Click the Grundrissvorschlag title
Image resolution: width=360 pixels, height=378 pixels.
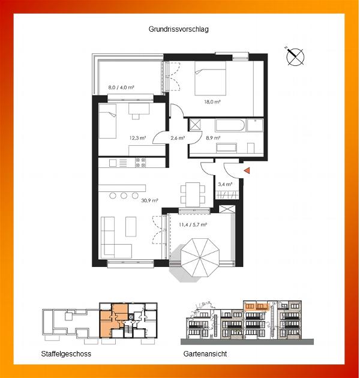pyautogui.click(x=178, y=29)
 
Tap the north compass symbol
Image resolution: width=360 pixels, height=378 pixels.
pyautogui.click(x=295, y=56)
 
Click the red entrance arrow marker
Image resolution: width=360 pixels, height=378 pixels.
pyautogui.click(x=247, y=171)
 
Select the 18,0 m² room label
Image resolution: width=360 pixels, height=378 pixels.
pyautogui.click(x=212, y=102)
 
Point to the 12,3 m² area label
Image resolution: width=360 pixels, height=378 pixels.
pyautogui.click(x=137, y=138)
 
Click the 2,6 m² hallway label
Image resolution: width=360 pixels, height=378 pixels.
pyautogui.click(x=178, y=138)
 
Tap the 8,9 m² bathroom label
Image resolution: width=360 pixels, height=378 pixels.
pyautogui.click(x=213, y=138)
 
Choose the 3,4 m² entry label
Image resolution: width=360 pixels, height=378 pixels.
pyautogui.click(x=225, y=184)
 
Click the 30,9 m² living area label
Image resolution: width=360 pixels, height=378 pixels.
pyautogui.click(x=150, y=200)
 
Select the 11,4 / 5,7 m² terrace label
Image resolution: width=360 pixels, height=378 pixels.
pyautogui.click(x=193, y=224)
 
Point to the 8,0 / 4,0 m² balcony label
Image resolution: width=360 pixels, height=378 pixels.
pyautogui.click(x=121, y=87)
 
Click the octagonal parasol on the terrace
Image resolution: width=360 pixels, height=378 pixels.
pyautogui.click(x=200, y=258)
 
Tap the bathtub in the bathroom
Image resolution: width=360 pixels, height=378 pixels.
pyautogui.click(x=230, y=125)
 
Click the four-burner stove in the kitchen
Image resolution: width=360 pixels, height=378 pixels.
pyautogui.click(x=140, y=163)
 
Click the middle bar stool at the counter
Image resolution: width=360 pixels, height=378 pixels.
pyautogui.click(x=124, y=195)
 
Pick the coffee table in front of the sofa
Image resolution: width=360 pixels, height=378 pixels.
pyautogui.click(x=131, y=227)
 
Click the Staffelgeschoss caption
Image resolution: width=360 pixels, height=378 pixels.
pyautogui.click(x=66, y=354)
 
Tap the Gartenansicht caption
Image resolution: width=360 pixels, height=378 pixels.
pyautogui.click(x=205, y=354)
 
